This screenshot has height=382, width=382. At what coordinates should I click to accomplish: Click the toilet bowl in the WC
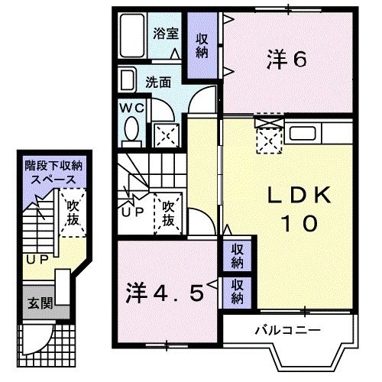[132, 127]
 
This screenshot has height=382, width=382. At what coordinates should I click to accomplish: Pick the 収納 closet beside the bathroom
[202, 45]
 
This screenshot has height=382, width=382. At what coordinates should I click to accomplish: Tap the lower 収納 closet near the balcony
[238, 291]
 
